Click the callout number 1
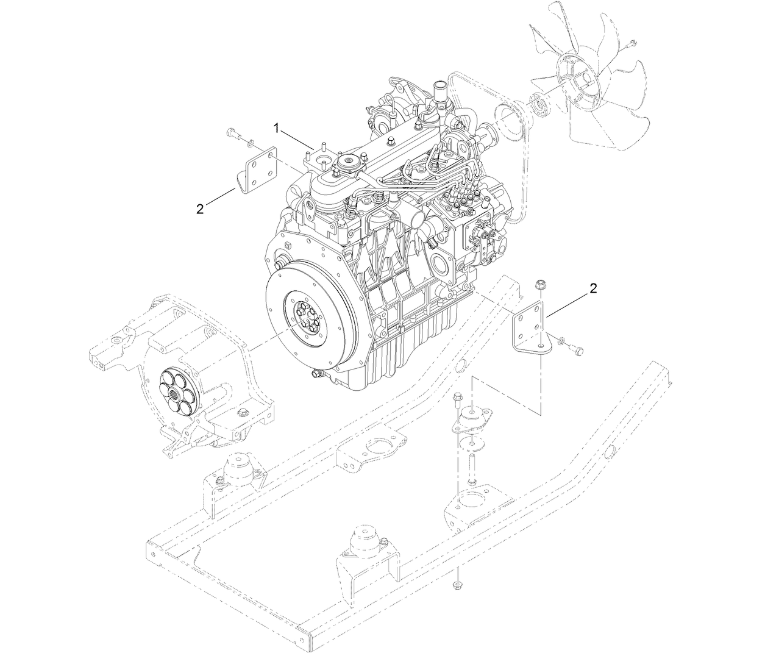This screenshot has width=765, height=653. click(x=277, y=128)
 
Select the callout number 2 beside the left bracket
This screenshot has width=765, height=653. click(x=200, y=209)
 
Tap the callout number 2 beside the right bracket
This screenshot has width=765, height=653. click(x=593, y=288)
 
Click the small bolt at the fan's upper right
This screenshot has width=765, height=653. click(x=630, y=43)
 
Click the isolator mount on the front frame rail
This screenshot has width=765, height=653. click(x=365, y=541)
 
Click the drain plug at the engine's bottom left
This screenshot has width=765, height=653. click(x=315, y=373)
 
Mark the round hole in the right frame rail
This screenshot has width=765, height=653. click(x=610, y=451)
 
